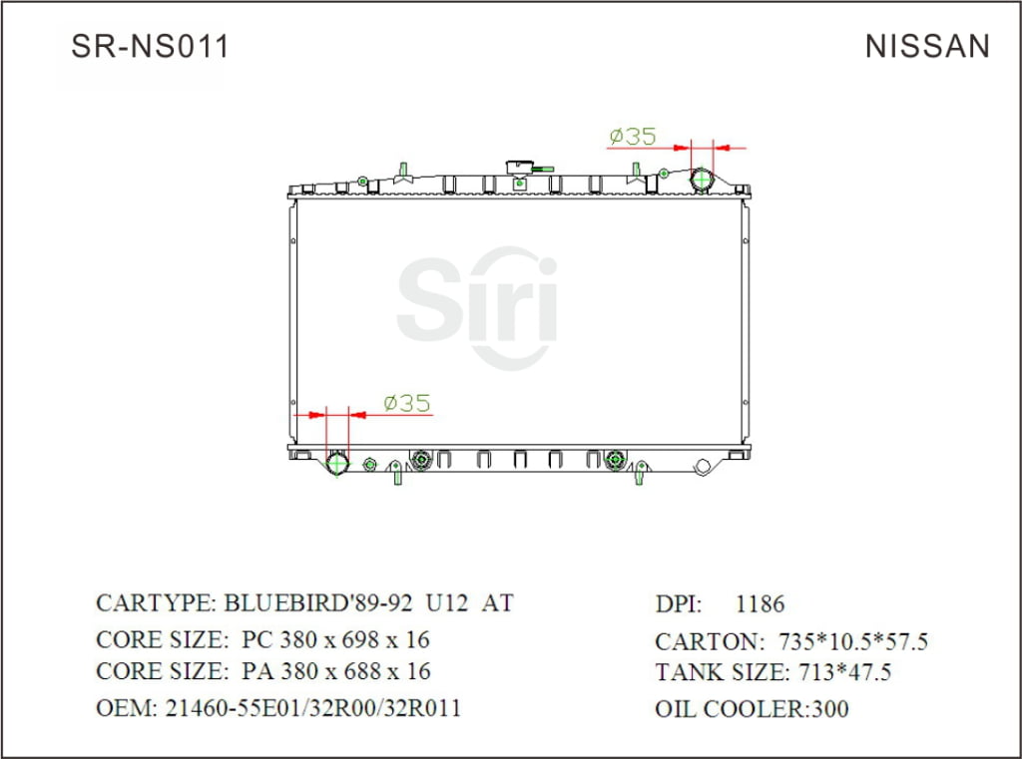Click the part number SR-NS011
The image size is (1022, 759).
[x=150, y=46]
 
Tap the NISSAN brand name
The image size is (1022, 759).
[x=927, y=46]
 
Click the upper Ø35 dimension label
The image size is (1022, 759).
[x=632, y=136]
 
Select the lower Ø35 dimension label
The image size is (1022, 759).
[x=406, y=403]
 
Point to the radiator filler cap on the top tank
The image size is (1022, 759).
[x=520, y=169]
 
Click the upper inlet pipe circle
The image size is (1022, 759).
[x=703, y=180]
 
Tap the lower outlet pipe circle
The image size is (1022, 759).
[x=337, y=464]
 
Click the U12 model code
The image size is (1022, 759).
[x=444, y=603]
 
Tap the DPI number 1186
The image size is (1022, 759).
[x=760, y=603]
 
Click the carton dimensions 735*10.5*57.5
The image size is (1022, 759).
[x=846, y=641]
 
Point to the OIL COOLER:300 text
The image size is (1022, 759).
[x=752, y=709]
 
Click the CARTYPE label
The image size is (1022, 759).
[x=155, y=603]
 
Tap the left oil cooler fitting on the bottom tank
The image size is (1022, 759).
[x=420, y=460]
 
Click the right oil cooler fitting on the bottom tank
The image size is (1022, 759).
[x=616, y=460]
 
